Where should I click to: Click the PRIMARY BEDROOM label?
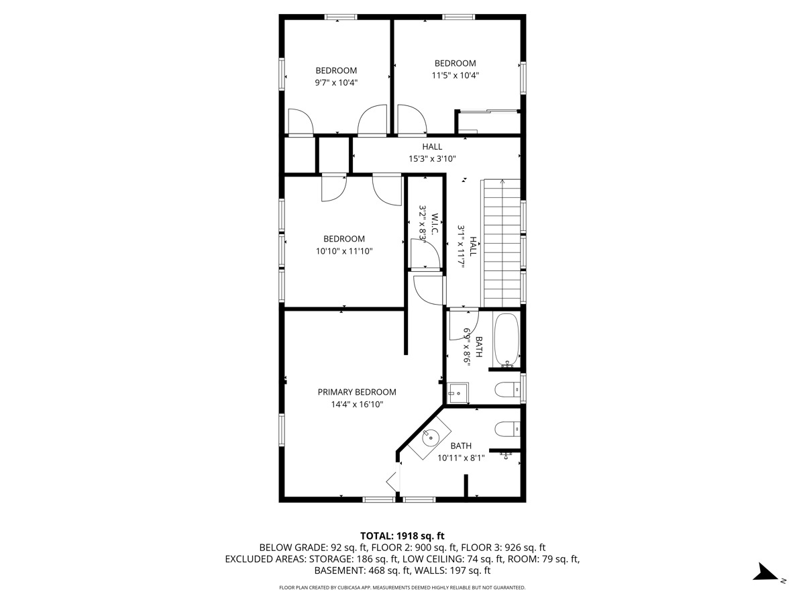pyautogui.click(x=357, y=392)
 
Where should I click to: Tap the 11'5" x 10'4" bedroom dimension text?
pyautogui.click(x=455, y=76)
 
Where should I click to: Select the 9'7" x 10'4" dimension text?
pyautogui.click(x=336, y=83)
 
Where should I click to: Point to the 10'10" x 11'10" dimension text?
pyautogui.click(x=344, y=251)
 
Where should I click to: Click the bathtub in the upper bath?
pyautogui.click(x=506, y=340)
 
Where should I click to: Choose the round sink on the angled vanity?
pyautogui.click(x=429, y=438)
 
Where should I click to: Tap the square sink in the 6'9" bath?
pyautogui.click(x=458, y=393)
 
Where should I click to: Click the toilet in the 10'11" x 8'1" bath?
pyautogui.click(x=507, y=429)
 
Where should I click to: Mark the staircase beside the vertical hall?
pyautogui.click(x=502, y=243)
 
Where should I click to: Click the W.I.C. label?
pyautogui.click(x=435, y=224)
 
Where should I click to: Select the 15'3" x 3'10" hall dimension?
pyautogui.click(x=432, y=159)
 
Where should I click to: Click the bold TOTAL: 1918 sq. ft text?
pyautogui.click(x=402, y=536)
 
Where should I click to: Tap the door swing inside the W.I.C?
pyautogui.click(x=425, y=254)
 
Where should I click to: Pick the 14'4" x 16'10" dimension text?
pyautogui.click(x=357, y=405)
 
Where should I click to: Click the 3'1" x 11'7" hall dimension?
pyautogui.click(x=461, y=247)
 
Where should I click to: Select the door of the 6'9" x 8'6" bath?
pyautogui.click(x=464, y=325)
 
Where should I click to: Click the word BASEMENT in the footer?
pyautogui.click(x=339, y=570)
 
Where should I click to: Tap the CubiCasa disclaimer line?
pyautogui.click(x=402, y=587)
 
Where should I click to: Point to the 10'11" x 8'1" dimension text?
pyautogui.click(x=461, y=458)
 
